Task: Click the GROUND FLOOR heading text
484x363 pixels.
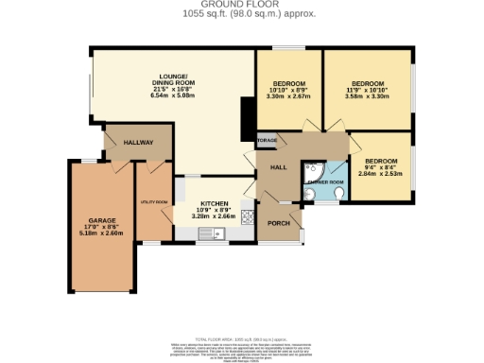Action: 242,5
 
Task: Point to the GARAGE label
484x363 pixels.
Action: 101,218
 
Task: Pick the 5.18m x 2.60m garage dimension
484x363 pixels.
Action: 101,233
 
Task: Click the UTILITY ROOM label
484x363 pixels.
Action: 153,202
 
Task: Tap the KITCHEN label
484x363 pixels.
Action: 213,202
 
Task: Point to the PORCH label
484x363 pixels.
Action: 278,223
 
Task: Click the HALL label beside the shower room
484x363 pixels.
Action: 278,167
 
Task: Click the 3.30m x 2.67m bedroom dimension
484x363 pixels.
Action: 288,96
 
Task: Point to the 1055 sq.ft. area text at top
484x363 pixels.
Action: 242,13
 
